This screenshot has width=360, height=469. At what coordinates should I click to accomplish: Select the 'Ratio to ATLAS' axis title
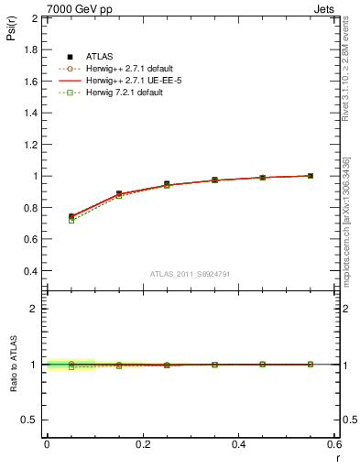(14, 365)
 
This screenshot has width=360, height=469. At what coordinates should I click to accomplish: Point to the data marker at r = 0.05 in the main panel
(71, 216)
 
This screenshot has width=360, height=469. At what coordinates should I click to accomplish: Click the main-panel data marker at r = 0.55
(311, 176)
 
